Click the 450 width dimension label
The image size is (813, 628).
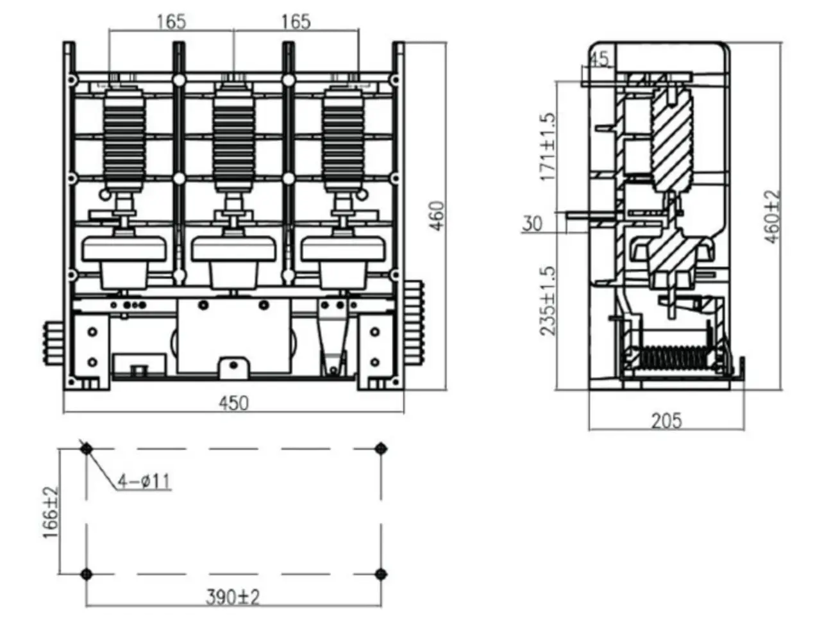point(233,403)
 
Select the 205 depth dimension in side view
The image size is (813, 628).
point(667,421)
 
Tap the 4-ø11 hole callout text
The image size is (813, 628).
point(144,481)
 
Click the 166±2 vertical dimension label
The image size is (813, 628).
point(51,512)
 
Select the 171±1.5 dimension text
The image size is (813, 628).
point(548,147)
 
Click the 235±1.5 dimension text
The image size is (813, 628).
point(548,301)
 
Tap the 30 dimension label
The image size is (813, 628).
point(532,224)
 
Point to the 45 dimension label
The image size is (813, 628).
point(598,59)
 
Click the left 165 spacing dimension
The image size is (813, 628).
point(171,22)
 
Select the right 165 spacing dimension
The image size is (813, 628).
point(296,22)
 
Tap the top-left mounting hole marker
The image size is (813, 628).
point(87,449)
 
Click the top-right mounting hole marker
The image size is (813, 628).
point(381,449)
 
